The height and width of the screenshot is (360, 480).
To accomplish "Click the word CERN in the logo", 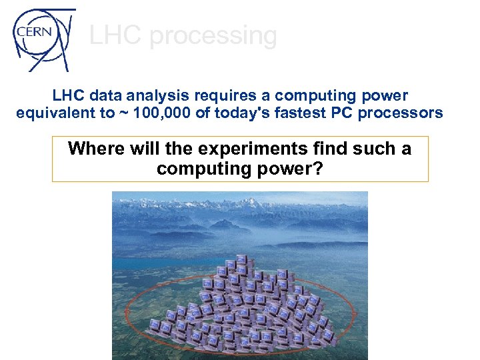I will tap(31, 31).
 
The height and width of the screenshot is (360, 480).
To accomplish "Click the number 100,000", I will tap(162, 113).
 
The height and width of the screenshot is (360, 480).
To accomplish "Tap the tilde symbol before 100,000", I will tap(124, 113).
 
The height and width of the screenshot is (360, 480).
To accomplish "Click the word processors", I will tap(400, 113).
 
